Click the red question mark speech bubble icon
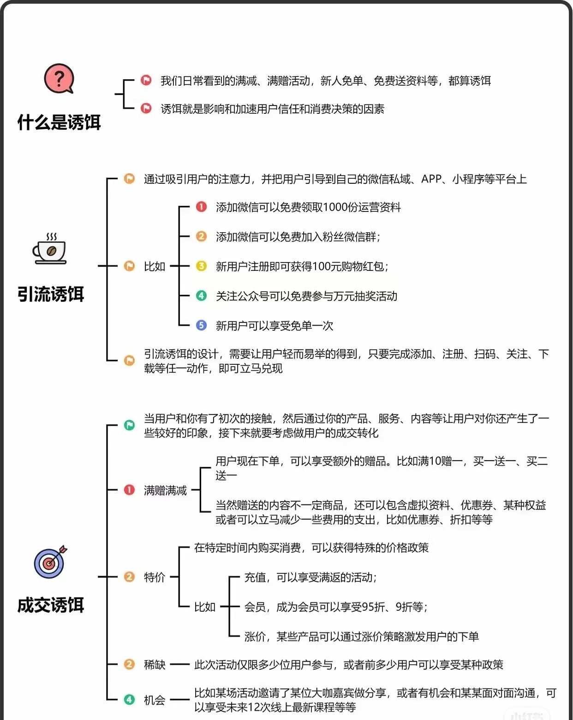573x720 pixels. coord(59,79)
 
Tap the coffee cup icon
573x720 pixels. coord(50,250)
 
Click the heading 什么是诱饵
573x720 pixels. coord(59,123)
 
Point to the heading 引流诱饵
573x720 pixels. coord(51,294)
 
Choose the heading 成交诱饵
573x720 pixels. coord(51,605)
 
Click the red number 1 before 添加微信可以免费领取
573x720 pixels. coord(201,207)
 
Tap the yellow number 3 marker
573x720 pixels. coord(201,266)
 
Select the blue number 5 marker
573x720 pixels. coord(201,325)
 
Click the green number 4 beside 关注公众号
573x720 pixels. coord(201,295)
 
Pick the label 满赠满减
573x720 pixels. coord(165,490)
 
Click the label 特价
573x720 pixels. coord(155,577)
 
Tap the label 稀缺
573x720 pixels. coord(155,664)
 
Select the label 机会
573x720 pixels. coord(155,700)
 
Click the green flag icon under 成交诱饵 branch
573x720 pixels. coord(129,425)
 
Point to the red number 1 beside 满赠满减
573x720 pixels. coord(129,490)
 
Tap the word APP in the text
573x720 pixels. coord(432,179)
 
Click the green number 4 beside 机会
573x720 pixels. coord(129,700)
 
